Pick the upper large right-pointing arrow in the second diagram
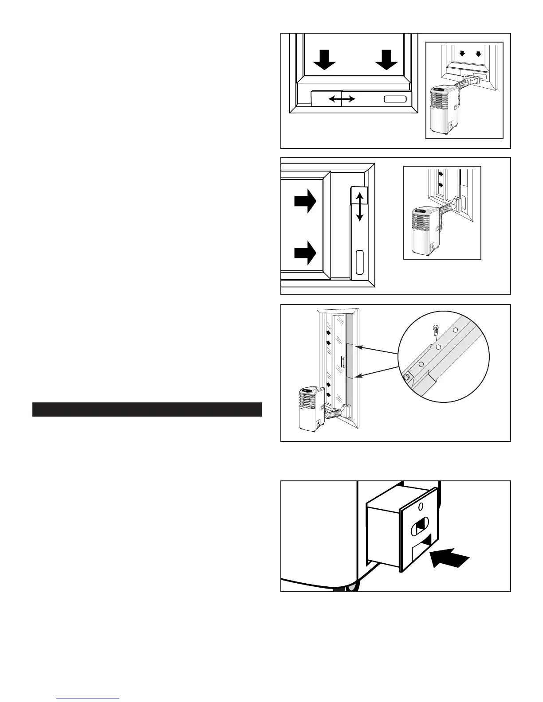tap(305, 202)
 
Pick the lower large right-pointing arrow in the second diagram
tap(305, 253)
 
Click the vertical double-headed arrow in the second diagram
tap(360, 205)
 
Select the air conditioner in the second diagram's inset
tap(426, 230)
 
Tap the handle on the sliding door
tap(342, 362)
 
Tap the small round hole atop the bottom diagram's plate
tap(421, 507)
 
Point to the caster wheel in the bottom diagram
tap(347, 588)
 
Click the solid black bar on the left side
tap(147, 409)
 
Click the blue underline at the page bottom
tap(88, 698)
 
